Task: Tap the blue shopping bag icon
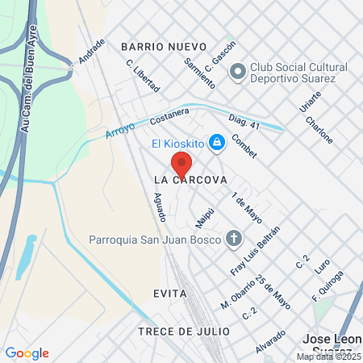coord(215,144)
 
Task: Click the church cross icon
coord(234,238)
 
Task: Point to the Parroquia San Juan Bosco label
coord(154,239)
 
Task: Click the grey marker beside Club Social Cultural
coord(237,73)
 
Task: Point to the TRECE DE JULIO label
coord(183,332)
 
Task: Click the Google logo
coord(27,353)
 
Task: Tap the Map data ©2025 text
coord(328,357)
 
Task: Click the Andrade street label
coord(91,51)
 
